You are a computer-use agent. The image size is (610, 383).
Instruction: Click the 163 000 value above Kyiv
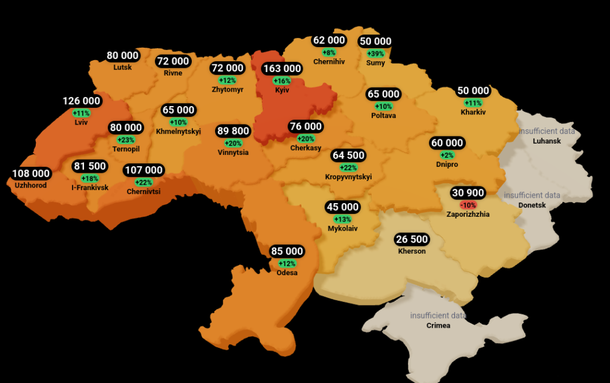coord(282,69)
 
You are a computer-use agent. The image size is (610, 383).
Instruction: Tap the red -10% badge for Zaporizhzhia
coord(468,204)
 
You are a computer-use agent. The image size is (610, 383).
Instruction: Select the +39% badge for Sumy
coord(375,53)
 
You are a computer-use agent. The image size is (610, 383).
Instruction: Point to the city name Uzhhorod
coord(31,185)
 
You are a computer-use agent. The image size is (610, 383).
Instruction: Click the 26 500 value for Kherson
coord(412,239)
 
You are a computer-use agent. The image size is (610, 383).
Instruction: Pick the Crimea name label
coord(438,326)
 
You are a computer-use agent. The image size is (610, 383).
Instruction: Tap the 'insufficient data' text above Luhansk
coord(547,131)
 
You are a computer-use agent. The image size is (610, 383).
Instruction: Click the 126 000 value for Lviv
coord(82,101)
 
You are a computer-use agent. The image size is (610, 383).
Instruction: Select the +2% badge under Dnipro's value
coord(447,155)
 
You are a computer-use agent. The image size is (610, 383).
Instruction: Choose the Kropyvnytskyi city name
coord(348,177)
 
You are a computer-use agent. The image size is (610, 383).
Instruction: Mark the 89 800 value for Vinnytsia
coord(233,131)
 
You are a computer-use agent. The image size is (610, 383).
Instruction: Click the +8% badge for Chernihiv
coord(329,52)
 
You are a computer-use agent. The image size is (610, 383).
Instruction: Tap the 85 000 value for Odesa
coord(287,251)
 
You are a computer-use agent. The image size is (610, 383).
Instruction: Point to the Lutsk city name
coord(123,67)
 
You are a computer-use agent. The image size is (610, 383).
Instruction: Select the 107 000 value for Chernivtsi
coord(144,170)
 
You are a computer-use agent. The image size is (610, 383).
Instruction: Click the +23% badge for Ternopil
coord(126,140)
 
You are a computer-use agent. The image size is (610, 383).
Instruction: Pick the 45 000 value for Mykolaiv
coord(343,207)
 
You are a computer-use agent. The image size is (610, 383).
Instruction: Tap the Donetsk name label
coord(532,205)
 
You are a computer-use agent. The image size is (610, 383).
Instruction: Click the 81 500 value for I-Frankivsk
coord(90,166)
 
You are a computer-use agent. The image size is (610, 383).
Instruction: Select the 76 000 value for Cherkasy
coord(306,126)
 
